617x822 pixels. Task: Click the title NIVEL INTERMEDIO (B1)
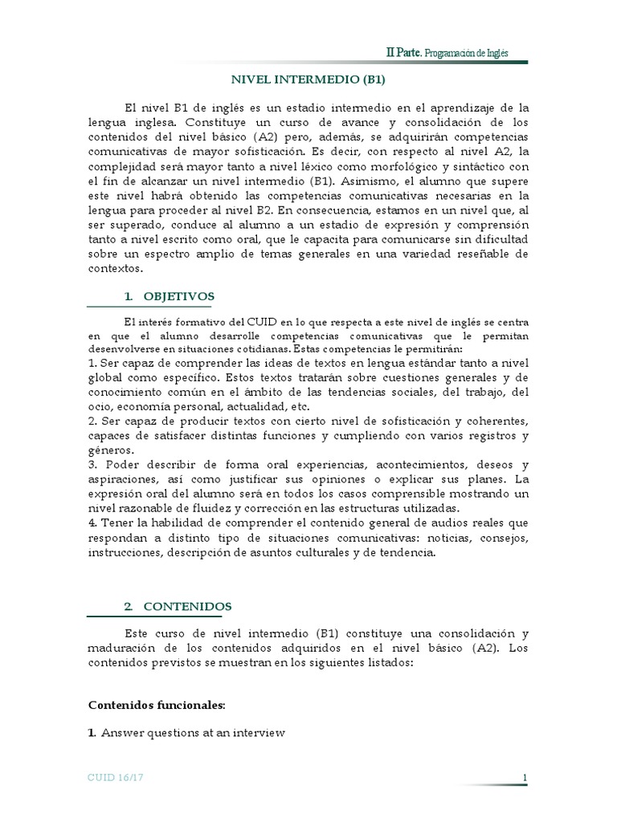click(308, 79)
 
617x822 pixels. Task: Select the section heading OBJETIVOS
click(179, 296)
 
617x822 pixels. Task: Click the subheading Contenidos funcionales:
click(157, 705)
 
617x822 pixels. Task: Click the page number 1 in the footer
click(524, 778)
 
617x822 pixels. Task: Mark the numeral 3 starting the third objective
click(92, 466)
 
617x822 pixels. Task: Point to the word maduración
click(121, 649)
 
